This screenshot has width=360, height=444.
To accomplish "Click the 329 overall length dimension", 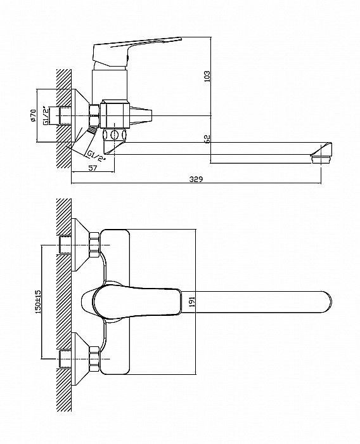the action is coord(196,180).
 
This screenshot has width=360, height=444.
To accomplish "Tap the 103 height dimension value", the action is coord(207,77).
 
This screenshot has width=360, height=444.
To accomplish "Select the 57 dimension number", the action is coord(93,168).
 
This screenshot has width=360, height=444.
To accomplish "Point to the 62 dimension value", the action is coord(207,139).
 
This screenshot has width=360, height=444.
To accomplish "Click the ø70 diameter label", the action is coord(33,115).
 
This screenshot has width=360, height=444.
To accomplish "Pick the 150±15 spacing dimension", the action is coord(38,301).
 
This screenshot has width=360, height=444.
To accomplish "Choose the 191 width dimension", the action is coord(192,302).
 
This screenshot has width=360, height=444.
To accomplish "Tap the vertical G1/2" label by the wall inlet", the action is coord(45,115).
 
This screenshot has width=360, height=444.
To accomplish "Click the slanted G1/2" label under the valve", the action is coord(96,156).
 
